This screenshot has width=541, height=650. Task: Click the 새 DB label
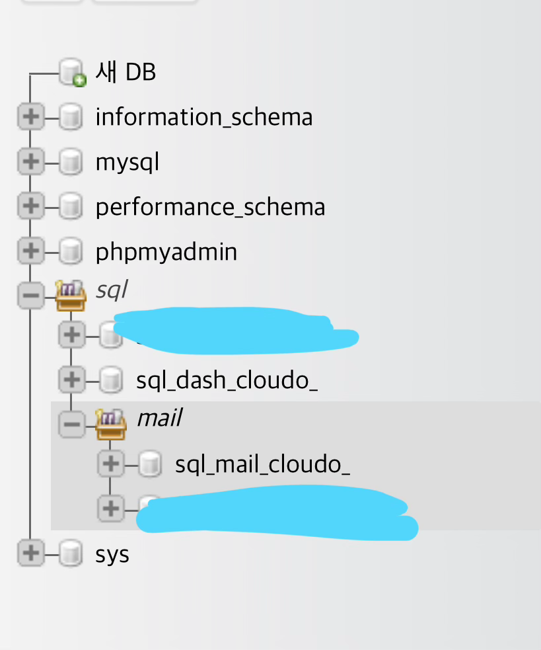(126, 72)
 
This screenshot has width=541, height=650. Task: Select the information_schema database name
(203, 118)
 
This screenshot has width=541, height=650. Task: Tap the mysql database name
(127, 162)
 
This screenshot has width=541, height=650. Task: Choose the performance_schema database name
(210, 207)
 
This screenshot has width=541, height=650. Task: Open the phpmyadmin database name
(166, 252)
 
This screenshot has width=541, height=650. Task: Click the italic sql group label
(111, 290)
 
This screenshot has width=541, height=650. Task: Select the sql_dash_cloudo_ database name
(227, 380)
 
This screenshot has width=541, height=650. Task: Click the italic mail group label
(159, 418)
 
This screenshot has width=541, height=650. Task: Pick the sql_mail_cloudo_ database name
(262, 465)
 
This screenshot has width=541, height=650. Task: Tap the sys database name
(112, 554)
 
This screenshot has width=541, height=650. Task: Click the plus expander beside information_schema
(30, 118)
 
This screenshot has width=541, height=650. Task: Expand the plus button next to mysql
(30, 162)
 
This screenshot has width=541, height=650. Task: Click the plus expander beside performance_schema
(30, 207)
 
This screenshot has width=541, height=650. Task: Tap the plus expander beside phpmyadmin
(30, 252)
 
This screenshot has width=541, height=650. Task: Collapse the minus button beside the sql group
(30, 296)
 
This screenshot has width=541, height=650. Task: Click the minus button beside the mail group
(71, 425)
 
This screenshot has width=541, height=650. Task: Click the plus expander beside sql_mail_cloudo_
(110, 465)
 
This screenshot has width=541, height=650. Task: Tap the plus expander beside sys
(30, 553)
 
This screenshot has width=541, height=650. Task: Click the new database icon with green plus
(72, 73)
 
